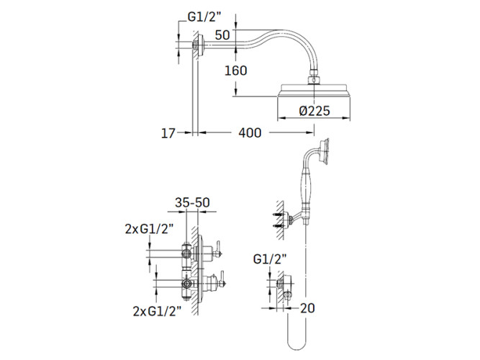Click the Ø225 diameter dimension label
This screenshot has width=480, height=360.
tap(314, 111)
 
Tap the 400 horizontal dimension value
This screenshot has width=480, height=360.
tap(250, 133)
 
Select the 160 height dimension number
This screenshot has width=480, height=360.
tap(236, 71)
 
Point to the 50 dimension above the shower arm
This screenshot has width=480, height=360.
tap(222, 35)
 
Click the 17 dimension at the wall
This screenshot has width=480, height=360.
tap(168, 133)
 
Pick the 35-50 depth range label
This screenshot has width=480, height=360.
tap(192, 202)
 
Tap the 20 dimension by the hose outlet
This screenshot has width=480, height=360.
tap(307, 308)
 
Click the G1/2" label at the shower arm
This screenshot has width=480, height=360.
tap(204, 17)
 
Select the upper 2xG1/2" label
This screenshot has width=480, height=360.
tap(150, 229)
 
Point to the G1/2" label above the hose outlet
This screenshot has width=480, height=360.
tap(270, 259)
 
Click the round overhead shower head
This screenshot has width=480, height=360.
tap(314, 91)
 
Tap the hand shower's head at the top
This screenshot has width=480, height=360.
tap(324, 152)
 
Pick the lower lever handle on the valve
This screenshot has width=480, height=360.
tap(222, 279)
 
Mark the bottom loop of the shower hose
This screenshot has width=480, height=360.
tap(296, 341)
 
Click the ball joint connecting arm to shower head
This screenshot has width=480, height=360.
tap(314, 76)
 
